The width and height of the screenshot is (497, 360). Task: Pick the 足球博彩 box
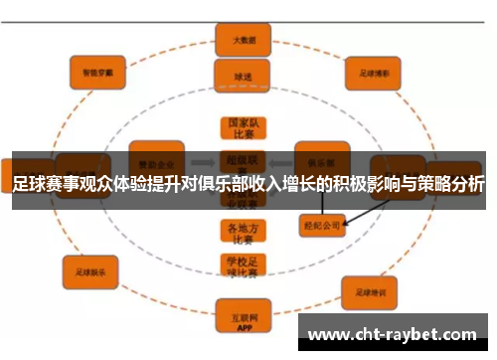373,72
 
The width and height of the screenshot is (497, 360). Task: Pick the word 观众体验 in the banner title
110,186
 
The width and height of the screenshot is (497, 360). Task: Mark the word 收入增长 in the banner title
280,186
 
